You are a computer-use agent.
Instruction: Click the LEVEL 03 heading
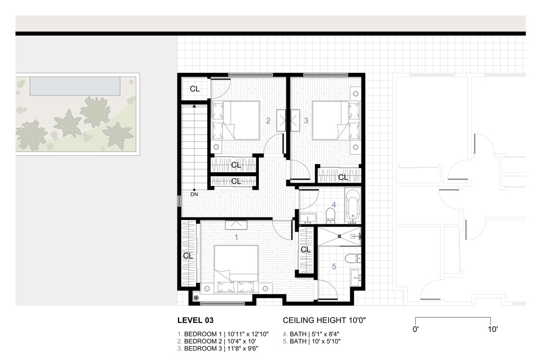(195, 320)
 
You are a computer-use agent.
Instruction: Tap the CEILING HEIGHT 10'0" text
(324, 320)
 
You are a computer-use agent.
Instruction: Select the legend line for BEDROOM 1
(223, 334)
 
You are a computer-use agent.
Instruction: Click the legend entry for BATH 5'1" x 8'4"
(311, 334)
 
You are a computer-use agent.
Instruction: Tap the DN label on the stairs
(194, 194)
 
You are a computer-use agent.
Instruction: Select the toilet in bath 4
(331, 214)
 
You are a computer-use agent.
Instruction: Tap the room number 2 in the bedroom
(268, 121)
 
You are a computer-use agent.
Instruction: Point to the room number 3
(306, 121)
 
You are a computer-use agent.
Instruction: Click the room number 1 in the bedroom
(236, 238)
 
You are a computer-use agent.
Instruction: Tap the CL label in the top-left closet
(194, 89)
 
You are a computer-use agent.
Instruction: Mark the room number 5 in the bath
(334, 267)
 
